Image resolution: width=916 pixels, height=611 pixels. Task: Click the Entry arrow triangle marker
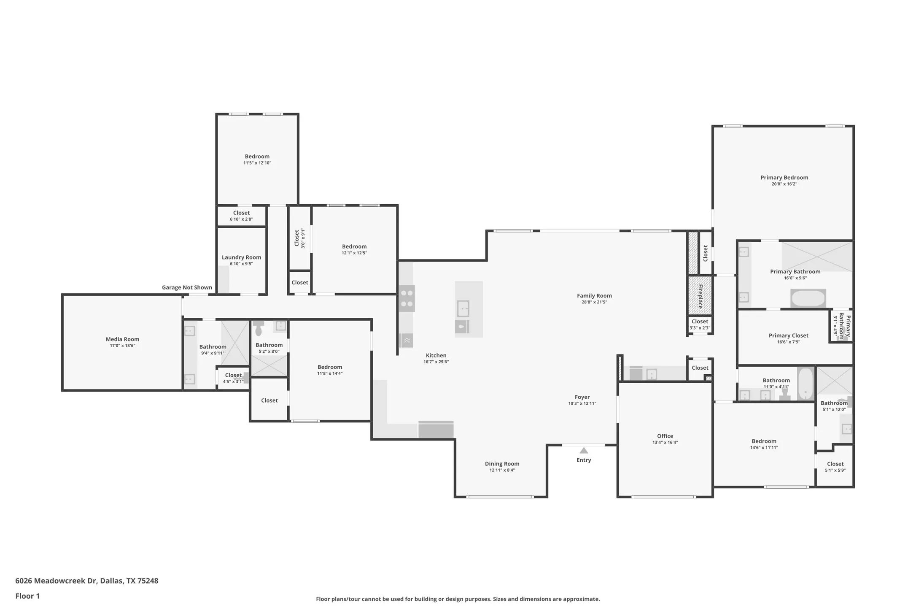pyautogui.click(x=584, y=451)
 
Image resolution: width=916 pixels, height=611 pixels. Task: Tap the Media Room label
pyautogui.click(x=122, y=339)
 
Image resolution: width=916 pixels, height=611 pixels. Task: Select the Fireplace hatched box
pyautogui.click(x=700, y=296)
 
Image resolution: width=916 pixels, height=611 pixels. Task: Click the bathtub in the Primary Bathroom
pyautogui.click(x=808, y=299)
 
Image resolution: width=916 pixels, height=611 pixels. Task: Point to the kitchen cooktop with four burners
pyautogui.click(x=407, y=298)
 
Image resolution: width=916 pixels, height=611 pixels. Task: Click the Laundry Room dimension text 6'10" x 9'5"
pyautogui.click(x=241, y=264)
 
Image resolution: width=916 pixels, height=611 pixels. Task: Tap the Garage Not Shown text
pyautogui.click(x=187, y=288)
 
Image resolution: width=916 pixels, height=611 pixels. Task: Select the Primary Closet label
pyautogui.click(x=788, y=336)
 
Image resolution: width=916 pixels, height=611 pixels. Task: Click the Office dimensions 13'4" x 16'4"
pyautogui.click(x=665, y=443)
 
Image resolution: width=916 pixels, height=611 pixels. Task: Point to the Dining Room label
pyautogui.click(x=502, y=464)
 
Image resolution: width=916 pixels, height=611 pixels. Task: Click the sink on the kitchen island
pyautogui.click(x=463, y=308)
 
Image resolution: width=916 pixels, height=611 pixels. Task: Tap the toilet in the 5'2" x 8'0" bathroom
pyautogui.click(x=259, y=328)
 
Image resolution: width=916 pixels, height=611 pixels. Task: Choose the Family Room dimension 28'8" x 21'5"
pyautogui.click(x=594, y=302)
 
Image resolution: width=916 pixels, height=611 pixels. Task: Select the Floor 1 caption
pyautogui.click(x=27, y=596)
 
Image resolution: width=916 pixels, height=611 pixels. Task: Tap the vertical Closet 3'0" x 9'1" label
pyautogui.click(x=299, y=238)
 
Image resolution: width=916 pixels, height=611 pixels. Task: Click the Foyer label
pyautogui.click(x=582, y=397)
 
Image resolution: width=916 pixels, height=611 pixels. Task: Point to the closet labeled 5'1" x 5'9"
pyautogui.click(x=835, y=467)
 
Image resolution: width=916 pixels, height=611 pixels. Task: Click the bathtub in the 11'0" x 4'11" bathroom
pyautogui.click(x=805, y=384)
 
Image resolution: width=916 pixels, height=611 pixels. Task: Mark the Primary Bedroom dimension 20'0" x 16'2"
pyautogui.click(x=784, y=184)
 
